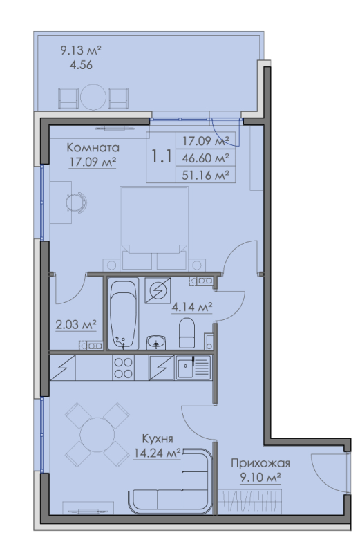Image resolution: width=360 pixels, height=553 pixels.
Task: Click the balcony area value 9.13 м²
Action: (81, 50)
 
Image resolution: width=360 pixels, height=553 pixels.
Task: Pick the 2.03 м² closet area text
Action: (77, 324)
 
